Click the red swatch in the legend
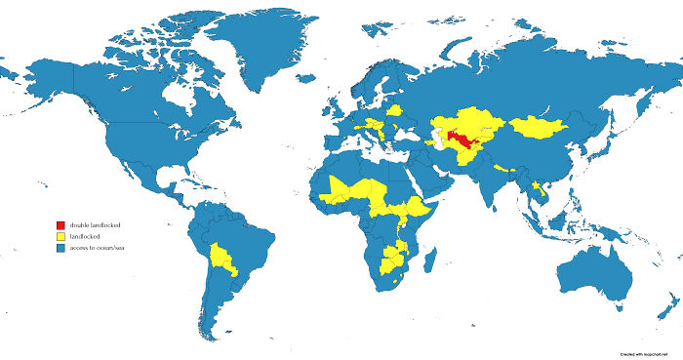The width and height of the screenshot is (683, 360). tap(60, 225)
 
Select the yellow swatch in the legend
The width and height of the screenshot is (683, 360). tap(60, 237)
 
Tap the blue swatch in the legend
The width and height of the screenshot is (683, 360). tap(60, 249)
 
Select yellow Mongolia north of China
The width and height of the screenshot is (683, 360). tap(540, 126)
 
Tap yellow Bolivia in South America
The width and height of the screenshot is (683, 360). tap(222, 258)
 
